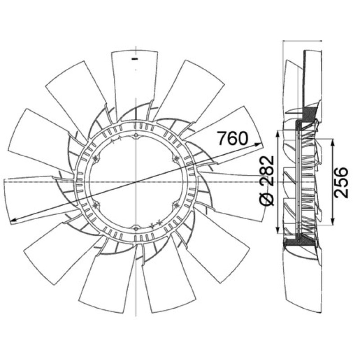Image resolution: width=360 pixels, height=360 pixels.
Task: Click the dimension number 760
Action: (233, 139)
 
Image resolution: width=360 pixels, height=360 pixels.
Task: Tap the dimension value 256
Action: (341, 183)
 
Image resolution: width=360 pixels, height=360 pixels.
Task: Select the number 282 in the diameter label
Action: (267, 171)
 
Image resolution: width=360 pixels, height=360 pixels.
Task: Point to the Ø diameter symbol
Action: (267, 198)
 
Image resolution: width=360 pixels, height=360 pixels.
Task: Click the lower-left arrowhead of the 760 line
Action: (14, 220)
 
